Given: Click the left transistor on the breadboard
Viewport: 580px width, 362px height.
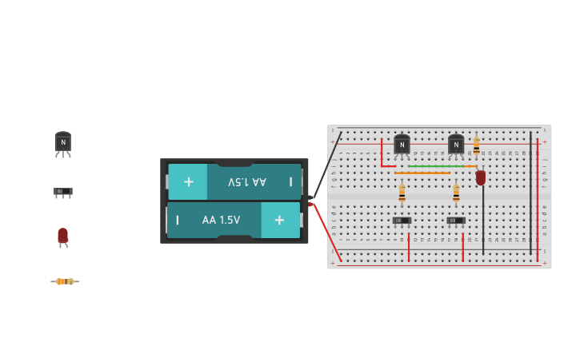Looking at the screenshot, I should point(402,145).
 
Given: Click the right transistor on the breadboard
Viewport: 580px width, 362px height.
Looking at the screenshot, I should point(456,145).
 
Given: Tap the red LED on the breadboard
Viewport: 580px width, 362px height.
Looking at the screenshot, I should point(481,177).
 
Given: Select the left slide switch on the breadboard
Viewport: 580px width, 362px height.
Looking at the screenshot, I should point(402,221).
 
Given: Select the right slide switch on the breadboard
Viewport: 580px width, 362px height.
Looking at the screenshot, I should point(456,221).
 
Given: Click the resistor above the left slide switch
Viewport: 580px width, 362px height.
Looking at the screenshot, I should point(402,193).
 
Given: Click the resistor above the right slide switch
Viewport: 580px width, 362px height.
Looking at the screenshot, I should point(456,193).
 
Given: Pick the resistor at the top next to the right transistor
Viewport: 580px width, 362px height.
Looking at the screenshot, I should point(476,146).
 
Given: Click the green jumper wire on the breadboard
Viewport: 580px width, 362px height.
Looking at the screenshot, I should point(436,166).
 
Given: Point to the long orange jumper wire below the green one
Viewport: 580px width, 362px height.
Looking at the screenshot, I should point(422,173).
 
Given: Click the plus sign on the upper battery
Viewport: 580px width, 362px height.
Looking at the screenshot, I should point(189,181).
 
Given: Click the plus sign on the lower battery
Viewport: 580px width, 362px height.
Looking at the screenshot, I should point(279,220).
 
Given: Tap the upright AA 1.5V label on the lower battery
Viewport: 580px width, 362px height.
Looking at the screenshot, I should point(221,220).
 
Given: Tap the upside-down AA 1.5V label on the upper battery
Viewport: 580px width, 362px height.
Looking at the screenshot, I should point(247,182).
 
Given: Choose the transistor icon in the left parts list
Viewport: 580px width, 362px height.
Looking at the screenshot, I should point(63,144).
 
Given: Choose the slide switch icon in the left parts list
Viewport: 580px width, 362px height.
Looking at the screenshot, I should point(63,193).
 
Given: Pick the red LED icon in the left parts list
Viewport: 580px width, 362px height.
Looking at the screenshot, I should point(63,237).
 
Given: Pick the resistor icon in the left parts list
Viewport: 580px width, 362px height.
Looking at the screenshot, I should point(64,281).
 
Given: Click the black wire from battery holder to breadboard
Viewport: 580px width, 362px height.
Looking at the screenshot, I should point(327,164).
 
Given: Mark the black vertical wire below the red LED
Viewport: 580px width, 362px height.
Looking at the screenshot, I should point(482,220).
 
